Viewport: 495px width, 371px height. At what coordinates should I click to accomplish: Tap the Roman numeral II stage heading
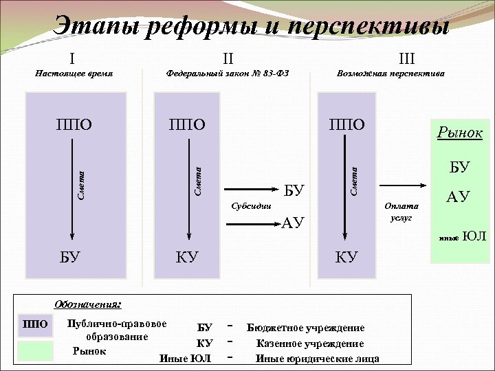tap(228, 58)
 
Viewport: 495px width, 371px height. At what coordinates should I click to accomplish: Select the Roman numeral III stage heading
tap(393, 58)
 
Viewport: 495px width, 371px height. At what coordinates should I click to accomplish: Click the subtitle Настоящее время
tap(74, 73)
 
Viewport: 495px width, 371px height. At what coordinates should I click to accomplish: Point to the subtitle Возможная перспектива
tap(390, 73)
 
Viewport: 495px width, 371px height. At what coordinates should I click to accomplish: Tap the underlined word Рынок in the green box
tap(459, 133)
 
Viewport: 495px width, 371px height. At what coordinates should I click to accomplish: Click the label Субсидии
tap(251, 205)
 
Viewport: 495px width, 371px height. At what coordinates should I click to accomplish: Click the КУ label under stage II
tap(187, 257)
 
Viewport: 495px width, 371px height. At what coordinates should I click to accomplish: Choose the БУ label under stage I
tap(70, 257)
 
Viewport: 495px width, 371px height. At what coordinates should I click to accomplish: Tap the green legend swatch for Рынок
tap(36, 351)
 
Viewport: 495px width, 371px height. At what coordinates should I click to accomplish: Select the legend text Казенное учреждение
tap(310, 344)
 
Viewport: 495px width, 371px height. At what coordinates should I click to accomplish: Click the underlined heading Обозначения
tap(87, 303)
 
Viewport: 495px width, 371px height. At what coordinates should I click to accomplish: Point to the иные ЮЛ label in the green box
tap(463, 237)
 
